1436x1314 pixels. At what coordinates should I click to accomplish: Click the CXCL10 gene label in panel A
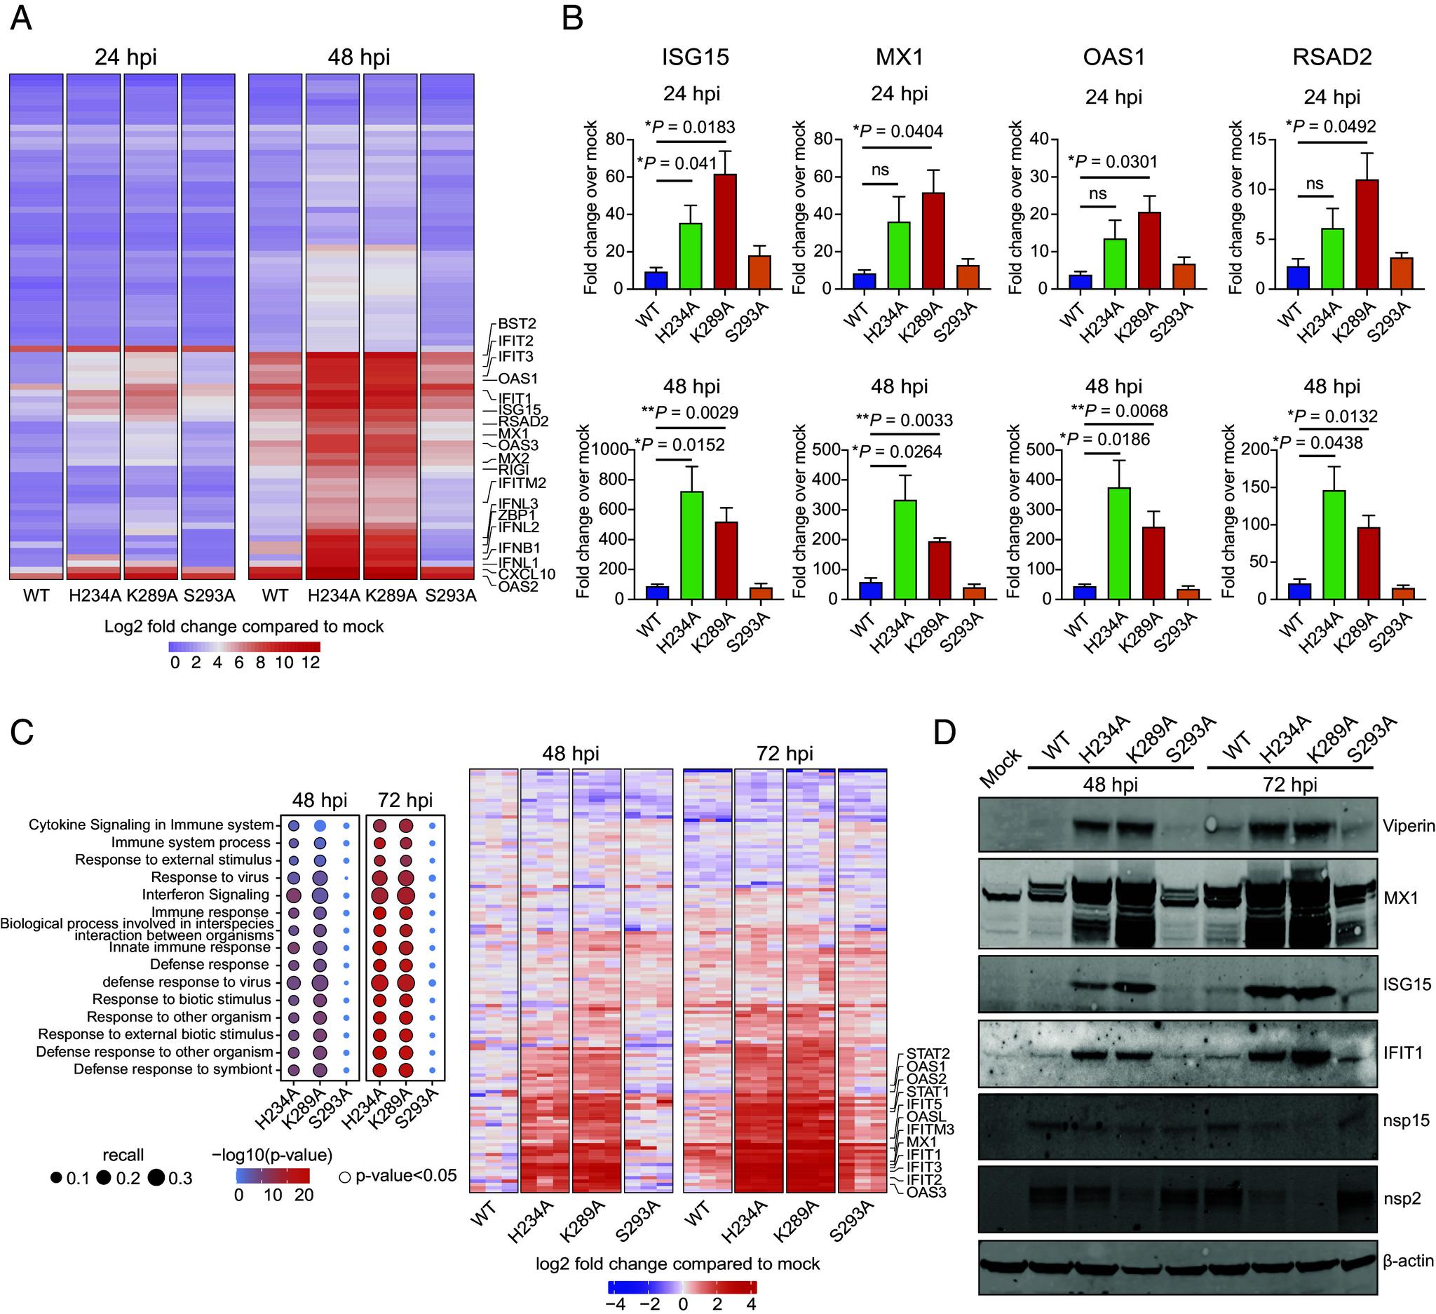point(527,574)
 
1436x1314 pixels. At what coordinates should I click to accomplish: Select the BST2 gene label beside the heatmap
point(517,324)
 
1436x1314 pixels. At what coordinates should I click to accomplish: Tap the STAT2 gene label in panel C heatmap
point(928,1053)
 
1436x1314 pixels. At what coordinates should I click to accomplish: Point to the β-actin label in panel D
point(1407,1261)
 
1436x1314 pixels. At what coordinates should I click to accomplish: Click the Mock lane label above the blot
point(1001,768)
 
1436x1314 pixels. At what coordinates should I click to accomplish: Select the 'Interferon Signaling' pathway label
point(205,895)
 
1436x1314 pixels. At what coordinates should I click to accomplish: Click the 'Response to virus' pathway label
point(210,877)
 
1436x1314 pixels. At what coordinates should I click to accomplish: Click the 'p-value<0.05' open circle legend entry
point(345,1177)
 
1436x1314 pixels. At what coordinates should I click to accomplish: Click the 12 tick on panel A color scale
point(311,663)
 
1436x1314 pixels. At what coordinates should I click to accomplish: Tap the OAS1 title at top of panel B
point(1113,57)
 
